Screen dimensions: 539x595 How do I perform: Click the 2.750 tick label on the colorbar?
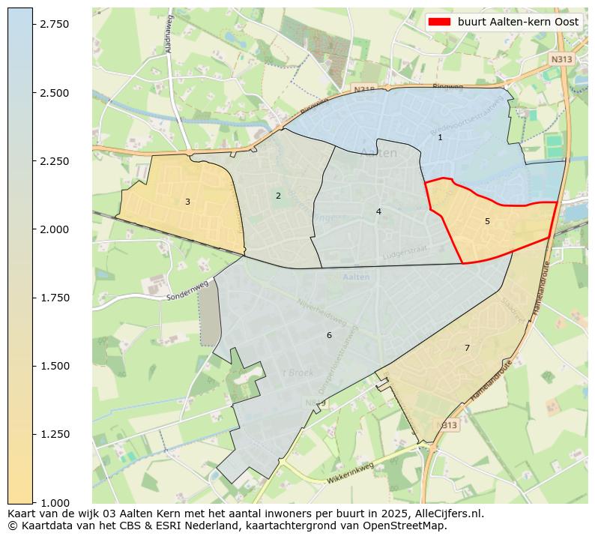click(x=55, y=25)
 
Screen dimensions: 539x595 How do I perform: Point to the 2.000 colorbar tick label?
click(x=55, y=229)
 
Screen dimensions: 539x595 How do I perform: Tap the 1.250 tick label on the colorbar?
click(x=55, y=434)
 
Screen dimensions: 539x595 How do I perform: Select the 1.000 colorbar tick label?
click(x=55, y=502)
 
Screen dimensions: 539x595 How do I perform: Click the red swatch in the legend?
click(x=439, y=22)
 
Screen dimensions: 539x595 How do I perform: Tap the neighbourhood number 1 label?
click(x=440, y=137)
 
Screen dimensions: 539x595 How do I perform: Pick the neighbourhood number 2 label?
click(x=278, y=196)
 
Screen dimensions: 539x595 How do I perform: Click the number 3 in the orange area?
click(x=187, y=202)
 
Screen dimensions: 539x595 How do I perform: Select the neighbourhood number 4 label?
click(x=378, y=211)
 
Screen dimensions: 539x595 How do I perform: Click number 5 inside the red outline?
click(x=487, y=221)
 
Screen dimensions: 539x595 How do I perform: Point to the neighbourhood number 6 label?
click(x=329, y=335)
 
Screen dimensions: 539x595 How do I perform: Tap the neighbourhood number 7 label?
click(x=467, y=348)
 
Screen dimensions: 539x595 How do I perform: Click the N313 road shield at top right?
click(x=561, y=58)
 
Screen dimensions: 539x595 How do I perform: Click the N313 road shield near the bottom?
click(x=447, y=425)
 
